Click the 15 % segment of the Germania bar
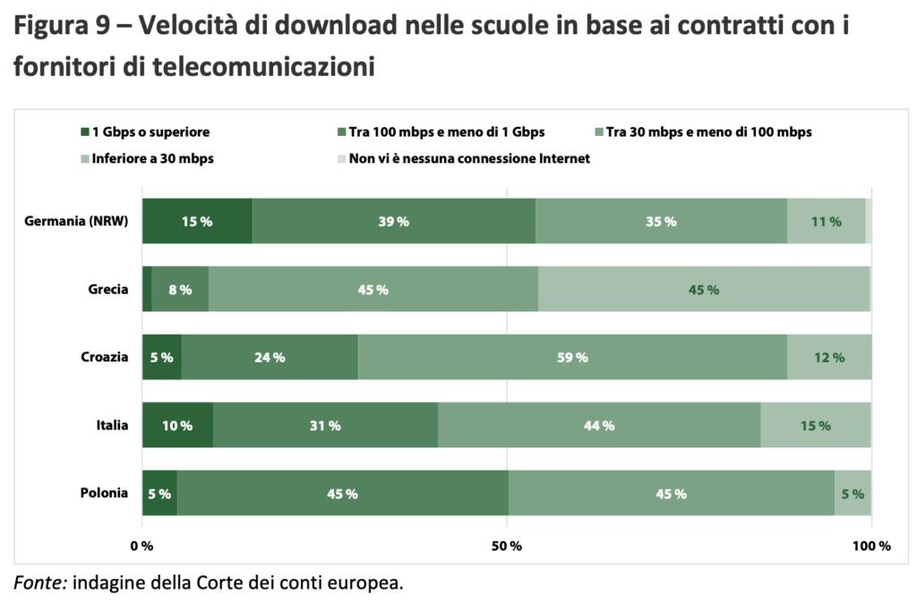pyautogui.click(x=197, y=221)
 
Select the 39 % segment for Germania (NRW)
pyautogui.click(x=393, y=221)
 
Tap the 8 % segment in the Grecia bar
pyautogui.click(x=180, y=289)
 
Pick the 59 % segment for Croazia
pyautogui.click(x=572, y=357)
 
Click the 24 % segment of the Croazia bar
pyautogui.click(x=269, y=357)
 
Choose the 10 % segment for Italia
pyautogui.click(x=177, y=425)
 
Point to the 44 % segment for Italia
pyautogui.click(x=598, y=425)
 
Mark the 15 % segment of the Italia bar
pyautogui.click(x=815, y=425)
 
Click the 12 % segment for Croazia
pyautogui.click(x=828, y=357)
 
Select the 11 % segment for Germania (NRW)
pyautogui.click(x=826, y=221)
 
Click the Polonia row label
pyautogui.click(x=103, y=493)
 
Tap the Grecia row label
pyautogui.click(x=108, y=289)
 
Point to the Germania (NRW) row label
pyautogui.click(x=76, y=221)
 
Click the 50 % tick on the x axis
pyautogui.click(x=508, y=546)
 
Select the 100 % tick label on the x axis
pyautogui.click(x=870, y=546)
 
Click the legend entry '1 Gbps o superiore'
pyautogui.click(x=150, y=132)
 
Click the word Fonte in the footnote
pyautogui.click(x=39, y=583)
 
